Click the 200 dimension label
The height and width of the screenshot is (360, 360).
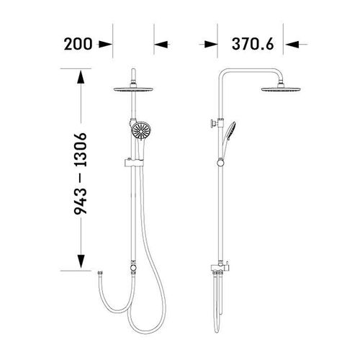tap(78, 44)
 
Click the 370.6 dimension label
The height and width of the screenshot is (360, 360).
tap(253, 44)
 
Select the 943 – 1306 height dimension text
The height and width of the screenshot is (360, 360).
tap(80, 174)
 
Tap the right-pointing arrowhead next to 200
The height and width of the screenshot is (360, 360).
tap(106, 45)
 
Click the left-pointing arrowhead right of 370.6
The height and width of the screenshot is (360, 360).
tap(290, 45)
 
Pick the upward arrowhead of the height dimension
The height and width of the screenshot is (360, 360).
tap(81, 76)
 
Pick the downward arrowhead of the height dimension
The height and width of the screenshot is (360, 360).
tap(81, 261)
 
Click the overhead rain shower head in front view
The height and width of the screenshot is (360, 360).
tap(133, 89)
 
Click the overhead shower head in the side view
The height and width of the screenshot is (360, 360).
tap(281, 89)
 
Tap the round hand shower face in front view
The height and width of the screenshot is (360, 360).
tap(141, 131)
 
